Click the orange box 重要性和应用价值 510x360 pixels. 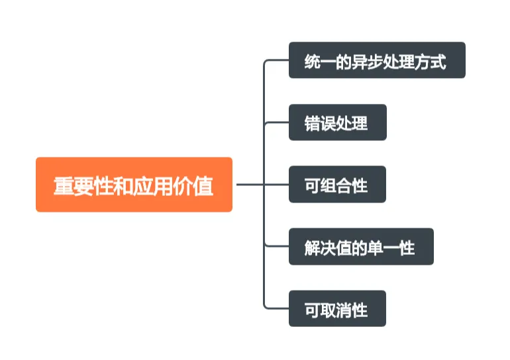click(x=134, y=185)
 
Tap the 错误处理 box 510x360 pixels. click(x=337, y=122)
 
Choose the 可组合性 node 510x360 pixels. click(x=337, y=185)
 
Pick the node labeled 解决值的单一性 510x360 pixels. click(x=361, y=247)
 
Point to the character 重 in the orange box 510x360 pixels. click(x=63, y=186)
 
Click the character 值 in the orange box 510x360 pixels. click(x=204, y=186)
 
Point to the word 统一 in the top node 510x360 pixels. click(x=320, y=62)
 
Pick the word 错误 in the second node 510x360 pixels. click(x=320, y=124)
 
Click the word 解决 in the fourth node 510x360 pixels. click(x=320, y=248)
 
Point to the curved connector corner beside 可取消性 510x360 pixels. click(x=266, y=306)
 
